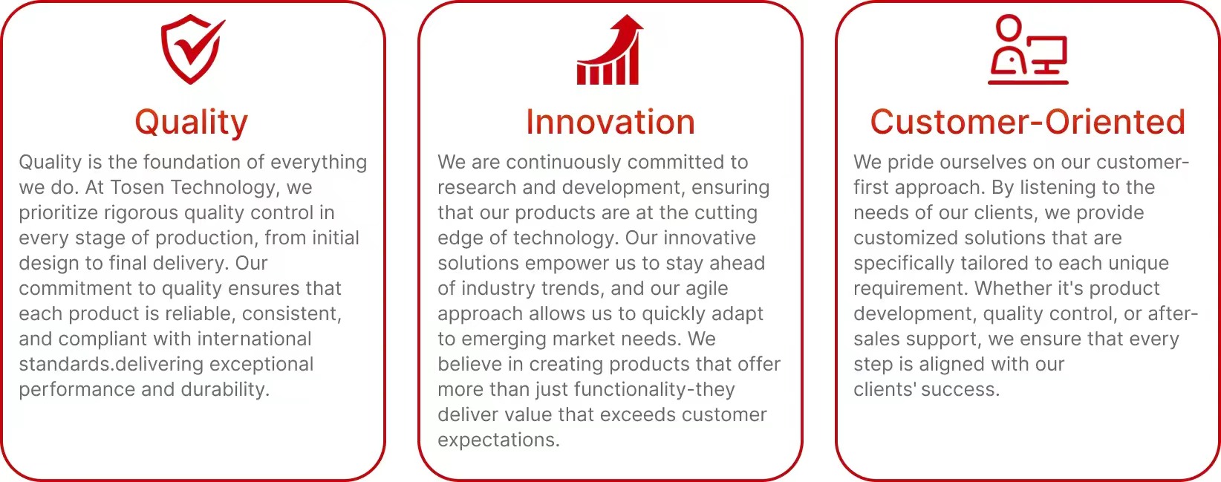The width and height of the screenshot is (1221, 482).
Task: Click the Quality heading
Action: coord(192,123)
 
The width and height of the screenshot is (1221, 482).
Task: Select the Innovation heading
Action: coord(610,122)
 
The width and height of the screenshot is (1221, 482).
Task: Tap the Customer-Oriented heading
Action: coord(1027,122)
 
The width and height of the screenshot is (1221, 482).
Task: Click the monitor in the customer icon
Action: coord(1046,54)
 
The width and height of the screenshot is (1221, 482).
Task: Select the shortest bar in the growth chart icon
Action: coord(583,74)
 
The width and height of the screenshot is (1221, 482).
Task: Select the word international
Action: coord(254,339)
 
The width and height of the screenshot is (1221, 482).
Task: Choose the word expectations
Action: coord(498,440)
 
